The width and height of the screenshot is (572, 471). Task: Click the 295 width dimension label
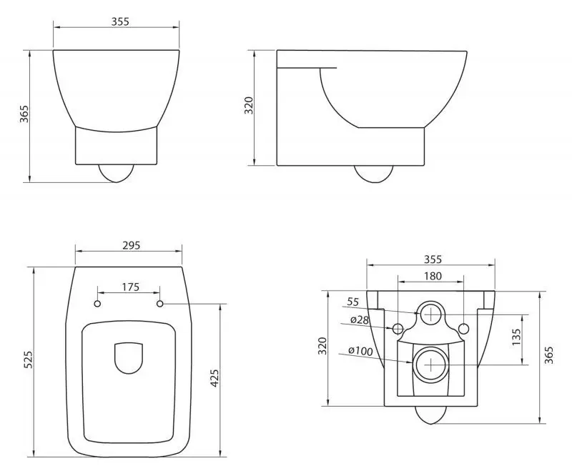[x=129, y=245]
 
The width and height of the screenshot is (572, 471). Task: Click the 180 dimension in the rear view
[x=433, y=276]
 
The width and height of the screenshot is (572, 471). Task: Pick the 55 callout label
[x=353, y=302]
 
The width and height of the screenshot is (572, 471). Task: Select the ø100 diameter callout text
[x=361, y=351]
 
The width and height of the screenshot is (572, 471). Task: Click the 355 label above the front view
[x=120, y=21]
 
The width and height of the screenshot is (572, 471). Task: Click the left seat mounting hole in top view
[x=98, y=304]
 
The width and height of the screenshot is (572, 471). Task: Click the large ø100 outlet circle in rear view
[x=430, y=365]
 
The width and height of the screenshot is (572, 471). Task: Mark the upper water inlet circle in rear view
[x=430, y=313]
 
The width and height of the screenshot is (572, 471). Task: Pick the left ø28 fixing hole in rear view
[x=398, y=329]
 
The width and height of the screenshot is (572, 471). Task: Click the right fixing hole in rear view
[x=463, y=329]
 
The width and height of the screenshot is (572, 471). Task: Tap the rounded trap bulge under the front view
[x=116, y=172]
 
